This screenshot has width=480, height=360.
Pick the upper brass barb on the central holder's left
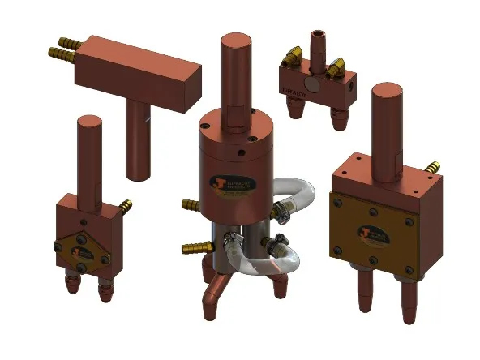190,203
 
